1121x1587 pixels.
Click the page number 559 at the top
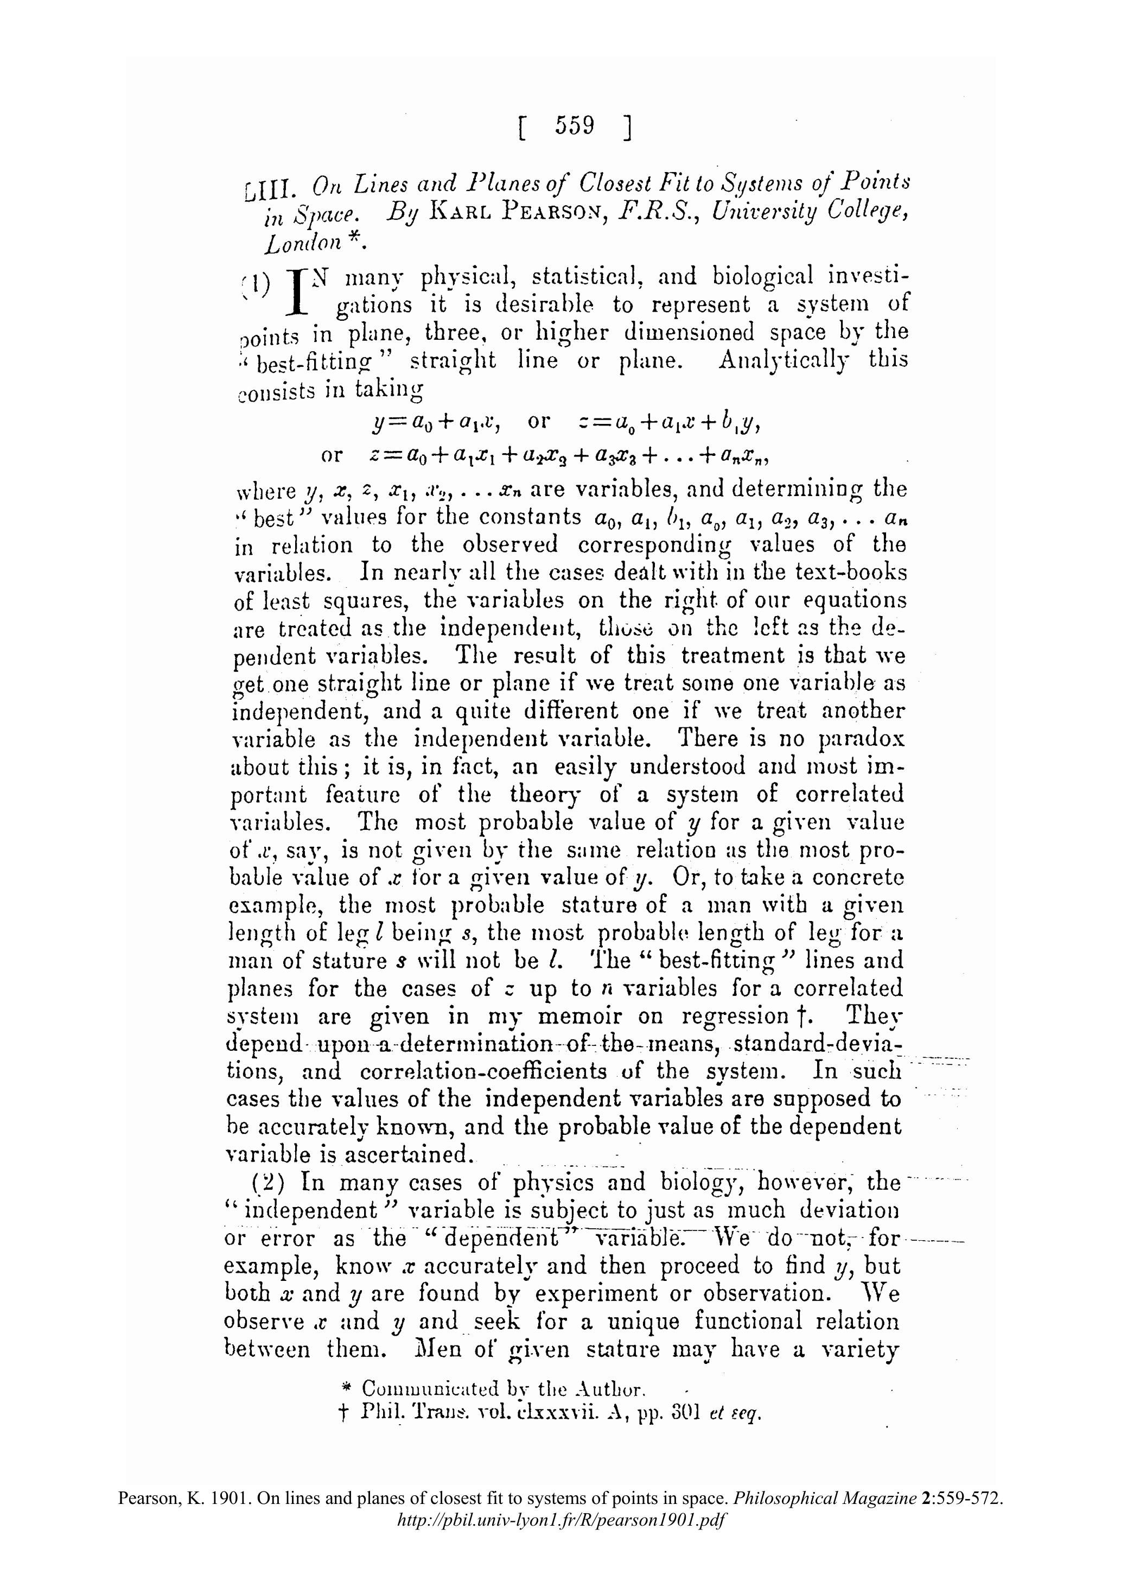pyautogui.click(x=574, y=126)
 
